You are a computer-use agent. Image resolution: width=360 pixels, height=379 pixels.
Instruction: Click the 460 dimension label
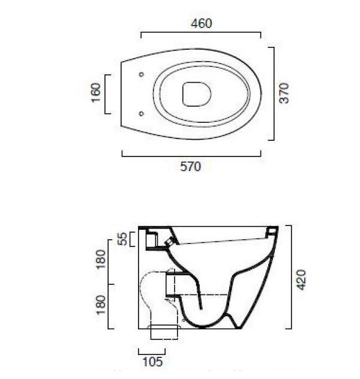[x=202, y=23]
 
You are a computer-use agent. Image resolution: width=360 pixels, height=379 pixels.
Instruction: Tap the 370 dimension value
[x=284, y=93]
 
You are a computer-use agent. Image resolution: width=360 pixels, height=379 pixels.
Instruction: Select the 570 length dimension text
[x=191, y=167]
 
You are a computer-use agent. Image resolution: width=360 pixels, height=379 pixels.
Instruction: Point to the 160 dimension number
[x=96, y=92]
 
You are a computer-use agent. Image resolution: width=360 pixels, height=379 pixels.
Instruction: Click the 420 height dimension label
[x=301, y=280]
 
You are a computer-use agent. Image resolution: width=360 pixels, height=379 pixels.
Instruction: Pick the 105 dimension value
[x=153, y=362]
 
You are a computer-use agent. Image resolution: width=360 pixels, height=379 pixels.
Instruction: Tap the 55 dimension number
[x=124, y=239]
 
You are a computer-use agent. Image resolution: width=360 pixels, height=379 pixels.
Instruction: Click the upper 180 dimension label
[x=101, y=259]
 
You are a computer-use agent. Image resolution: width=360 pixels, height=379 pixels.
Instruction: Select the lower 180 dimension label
[x=101, y=305]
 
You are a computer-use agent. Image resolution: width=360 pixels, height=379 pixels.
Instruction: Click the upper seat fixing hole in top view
[x=142, y=74]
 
